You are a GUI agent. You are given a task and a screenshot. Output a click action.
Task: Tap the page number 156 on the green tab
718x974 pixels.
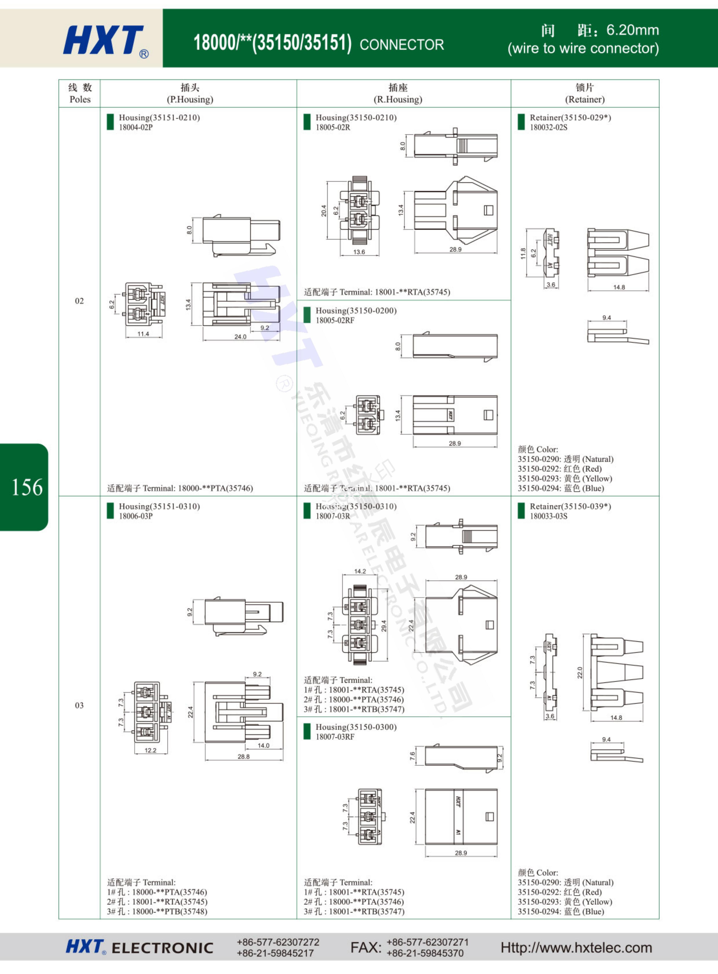[27, 487]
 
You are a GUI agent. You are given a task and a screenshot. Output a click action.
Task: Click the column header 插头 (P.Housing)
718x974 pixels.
[190, 93]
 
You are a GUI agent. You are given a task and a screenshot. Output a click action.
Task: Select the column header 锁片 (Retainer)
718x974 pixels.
[585, 93]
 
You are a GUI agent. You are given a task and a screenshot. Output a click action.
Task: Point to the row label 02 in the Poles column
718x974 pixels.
[79, 301]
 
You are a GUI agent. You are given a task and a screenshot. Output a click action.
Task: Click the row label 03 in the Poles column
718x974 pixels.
[79, 705]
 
